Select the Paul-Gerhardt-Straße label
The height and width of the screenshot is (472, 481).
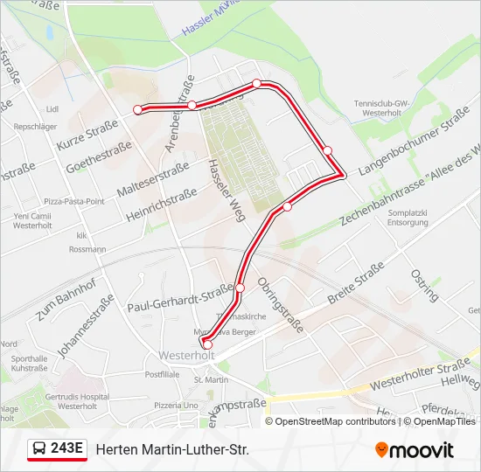[180, 297]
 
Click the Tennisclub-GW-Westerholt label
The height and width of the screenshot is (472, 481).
[382, 108]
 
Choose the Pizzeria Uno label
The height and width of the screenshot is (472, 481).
[177, 406]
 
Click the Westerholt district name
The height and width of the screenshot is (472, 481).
[186, 356]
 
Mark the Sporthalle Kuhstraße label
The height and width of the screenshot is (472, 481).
[30, 364]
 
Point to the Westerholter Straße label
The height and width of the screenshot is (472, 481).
[420, 372]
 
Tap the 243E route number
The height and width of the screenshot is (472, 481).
[67, 449]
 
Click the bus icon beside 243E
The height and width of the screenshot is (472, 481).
[39, 449]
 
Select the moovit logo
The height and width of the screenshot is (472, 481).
[415, 450]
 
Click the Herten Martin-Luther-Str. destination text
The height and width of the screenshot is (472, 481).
[172, 449]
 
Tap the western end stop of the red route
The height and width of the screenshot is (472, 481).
[137, 109]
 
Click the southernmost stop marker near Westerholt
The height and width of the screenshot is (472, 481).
[207, 344]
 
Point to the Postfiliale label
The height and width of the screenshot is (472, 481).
[162, 374]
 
